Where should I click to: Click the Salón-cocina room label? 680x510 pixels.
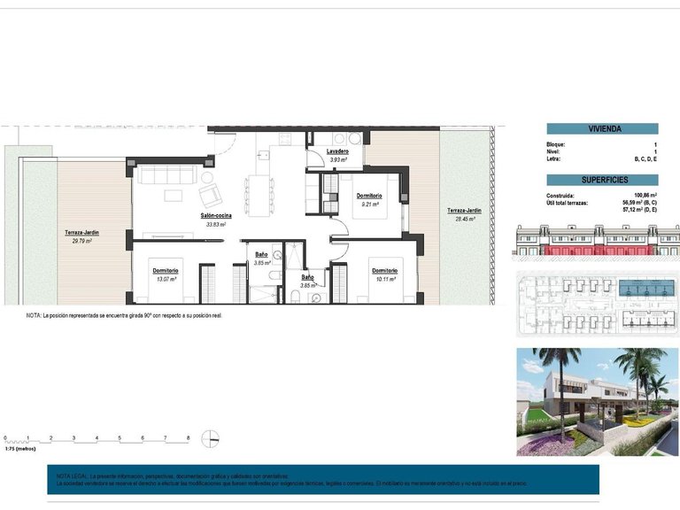[x=215, y=216]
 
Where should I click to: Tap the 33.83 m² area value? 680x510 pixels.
[x=215, y=225]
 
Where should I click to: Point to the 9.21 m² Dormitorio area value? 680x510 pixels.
[x=370, y=204]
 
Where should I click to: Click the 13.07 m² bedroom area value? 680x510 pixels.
[x=166, y=279]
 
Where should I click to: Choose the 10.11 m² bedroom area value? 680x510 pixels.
[x=384, y=279]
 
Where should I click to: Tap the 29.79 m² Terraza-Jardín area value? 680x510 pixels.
[x=81, y=241]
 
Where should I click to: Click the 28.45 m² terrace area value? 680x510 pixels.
[x=465, y=218]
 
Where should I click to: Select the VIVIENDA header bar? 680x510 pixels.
[x=602, y=128]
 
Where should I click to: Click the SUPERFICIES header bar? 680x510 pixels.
[x=602, y=180]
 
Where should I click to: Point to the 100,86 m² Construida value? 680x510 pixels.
[x=645, y=196]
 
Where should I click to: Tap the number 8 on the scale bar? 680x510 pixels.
[x=188, y=437]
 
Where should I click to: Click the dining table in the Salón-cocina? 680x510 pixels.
[x=259, y=194]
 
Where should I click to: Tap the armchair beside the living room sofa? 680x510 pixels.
[x=209, y=195]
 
